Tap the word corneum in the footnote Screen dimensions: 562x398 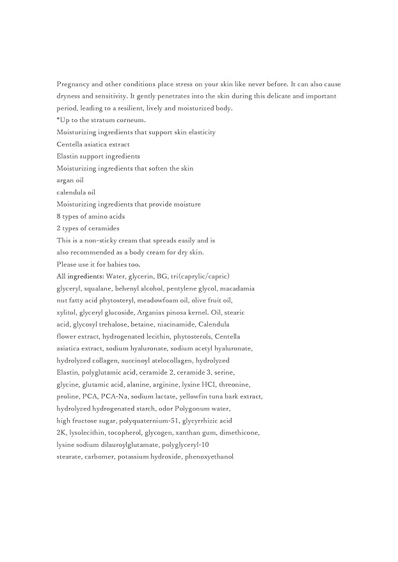click(x=132, y=120)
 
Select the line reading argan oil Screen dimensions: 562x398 click(x=70, y=180)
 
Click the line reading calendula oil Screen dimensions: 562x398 click(x=76, y=192)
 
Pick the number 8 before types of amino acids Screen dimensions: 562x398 click(x=59, y=216)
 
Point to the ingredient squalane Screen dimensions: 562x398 click(x=97, y=288)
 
